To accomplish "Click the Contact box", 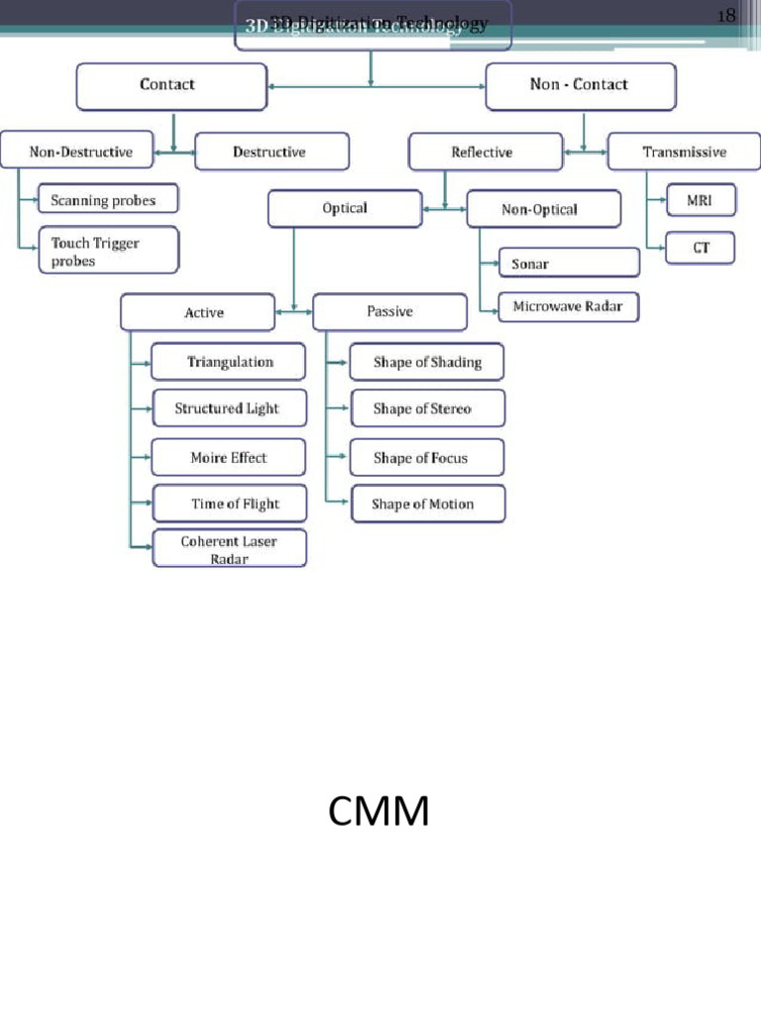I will coord(171,86).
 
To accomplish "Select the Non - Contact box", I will coord(580,86).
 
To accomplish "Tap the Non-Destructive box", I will coord(80,152).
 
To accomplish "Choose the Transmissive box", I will coord(684,152).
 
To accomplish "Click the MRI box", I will coord(700,201).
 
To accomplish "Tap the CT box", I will coord(700,248).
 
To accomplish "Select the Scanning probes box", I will coord(108,199).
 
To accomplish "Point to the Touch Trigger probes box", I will coord(108,251).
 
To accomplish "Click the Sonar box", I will coord(569,264).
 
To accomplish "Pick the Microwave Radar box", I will coord(568,307).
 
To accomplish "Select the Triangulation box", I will coord(229,362).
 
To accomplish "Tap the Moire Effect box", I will coord(229,457).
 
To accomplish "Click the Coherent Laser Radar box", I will coord(229,549).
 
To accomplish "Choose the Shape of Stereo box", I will coord(426,408).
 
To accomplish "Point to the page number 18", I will coord(725,15).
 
